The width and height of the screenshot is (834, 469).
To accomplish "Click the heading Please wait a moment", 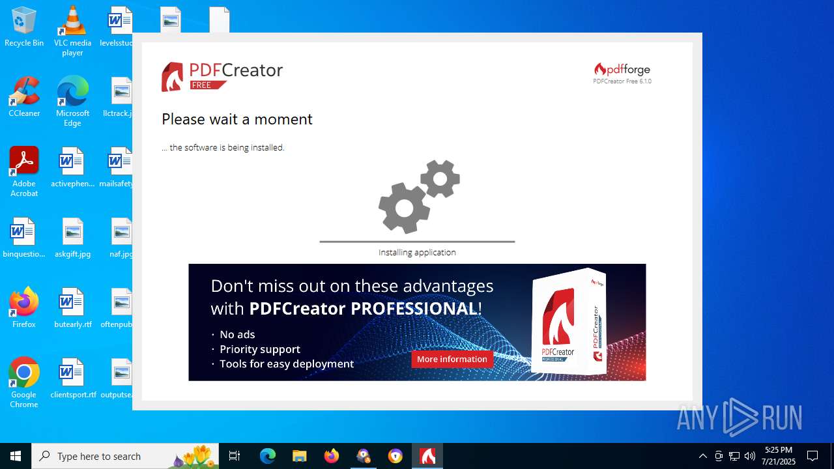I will pyautogui.click(x=237, y=119).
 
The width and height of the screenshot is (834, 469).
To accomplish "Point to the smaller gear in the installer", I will pyautogui.click(x=440, y=178).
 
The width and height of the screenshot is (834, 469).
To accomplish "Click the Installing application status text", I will pyautogui.click(x=417, y=253).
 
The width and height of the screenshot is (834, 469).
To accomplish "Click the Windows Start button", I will pyautogui.click(x=16, y=456).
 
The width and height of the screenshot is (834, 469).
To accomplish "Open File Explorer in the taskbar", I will pyautogui.click(x=299, y=456).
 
